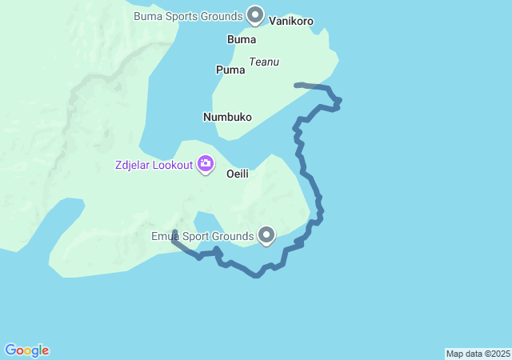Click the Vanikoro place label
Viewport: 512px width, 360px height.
[291, 21]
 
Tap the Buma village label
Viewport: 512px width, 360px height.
[242, 39]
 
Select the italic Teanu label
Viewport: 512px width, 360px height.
[264, 62]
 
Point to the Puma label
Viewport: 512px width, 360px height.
[230, 70]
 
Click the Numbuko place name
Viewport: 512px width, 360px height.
[227, 117]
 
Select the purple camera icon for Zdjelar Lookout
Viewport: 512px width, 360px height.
[206, 164]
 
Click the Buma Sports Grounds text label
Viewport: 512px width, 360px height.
[188, 16]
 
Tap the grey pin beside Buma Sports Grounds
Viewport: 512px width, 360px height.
[255, 14]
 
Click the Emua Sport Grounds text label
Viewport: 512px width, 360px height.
[202, 236]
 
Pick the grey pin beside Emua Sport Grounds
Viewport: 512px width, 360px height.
[266, 234]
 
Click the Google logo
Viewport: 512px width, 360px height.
[26, 350]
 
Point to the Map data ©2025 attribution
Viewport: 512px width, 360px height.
[478, 354]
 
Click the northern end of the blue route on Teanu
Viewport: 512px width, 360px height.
[296, 84]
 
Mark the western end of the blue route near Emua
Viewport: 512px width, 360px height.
[174, 232]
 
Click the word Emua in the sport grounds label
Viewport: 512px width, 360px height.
[166, 236]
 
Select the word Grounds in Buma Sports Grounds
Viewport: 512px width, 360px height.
[222, 16]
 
